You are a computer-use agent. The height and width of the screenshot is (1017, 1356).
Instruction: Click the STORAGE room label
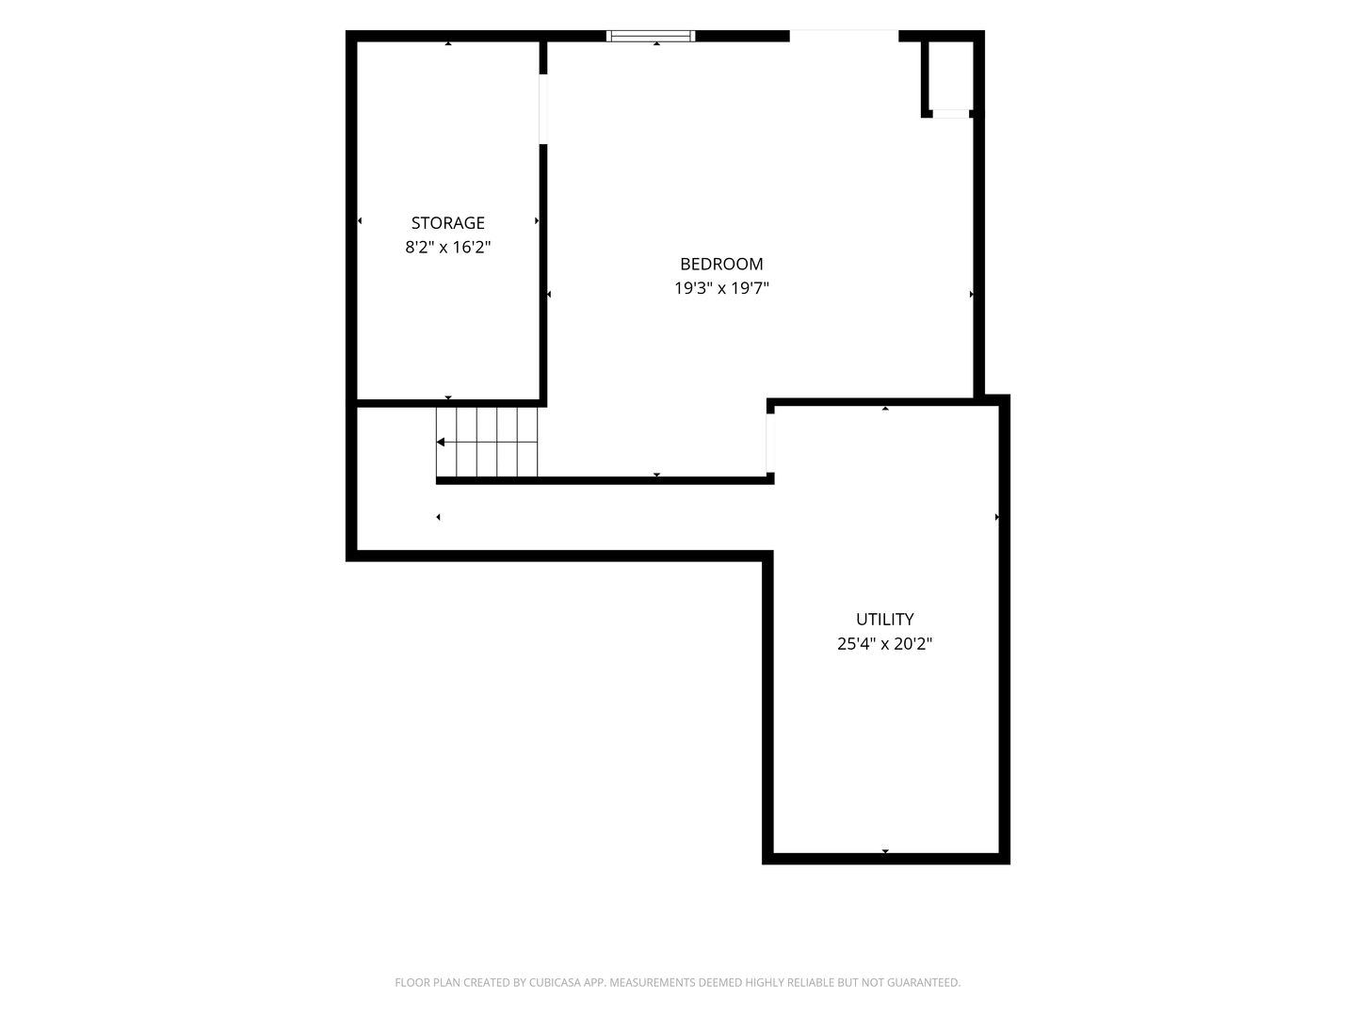click(x=448, y=222)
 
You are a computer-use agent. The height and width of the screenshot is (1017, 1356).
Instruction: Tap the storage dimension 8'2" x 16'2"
click(x=448, y=247)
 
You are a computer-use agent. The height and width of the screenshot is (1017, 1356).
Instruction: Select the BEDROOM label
click(x=721, y=264)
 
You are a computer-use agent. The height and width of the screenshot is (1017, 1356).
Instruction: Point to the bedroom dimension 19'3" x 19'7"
click(x=721, y=288)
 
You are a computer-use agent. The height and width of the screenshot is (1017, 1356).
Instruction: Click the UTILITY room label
click(x=884, y=619)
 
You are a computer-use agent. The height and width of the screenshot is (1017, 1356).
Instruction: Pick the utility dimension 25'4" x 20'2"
click(x=884, y=644)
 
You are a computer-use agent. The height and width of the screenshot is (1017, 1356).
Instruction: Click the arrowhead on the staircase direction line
click(x=441, y=443)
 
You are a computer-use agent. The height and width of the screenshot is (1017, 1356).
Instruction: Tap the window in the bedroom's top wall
click(x=651, y=36)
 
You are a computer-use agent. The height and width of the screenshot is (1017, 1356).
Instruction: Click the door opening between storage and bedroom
click(x=543, y=109)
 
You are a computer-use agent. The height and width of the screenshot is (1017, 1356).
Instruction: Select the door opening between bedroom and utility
click(x=770, y=443)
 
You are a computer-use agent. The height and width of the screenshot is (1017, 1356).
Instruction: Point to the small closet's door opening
click(x=951, y=114)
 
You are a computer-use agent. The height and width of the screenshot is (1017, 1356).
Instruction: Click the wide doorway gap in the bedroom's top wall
click(x=844, y=36)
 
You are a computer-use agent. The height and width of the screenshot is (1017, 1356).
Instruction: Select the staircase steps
click(x=487, y=443)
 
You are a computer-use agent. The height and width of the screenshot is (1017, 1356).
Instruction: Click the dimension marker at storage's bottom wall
click(x=448, y=397)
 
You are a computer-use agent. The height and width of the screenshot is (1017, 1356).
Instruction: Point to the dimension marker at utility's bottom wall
click(x=885, y=851)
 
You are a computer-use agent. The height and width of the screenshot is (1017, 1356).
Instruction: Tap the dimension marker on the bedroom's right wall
click(x=971, y=295)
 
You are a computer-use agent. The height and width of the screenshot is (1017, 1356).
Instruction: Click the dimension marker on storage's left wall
click(x=360, y=221)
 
